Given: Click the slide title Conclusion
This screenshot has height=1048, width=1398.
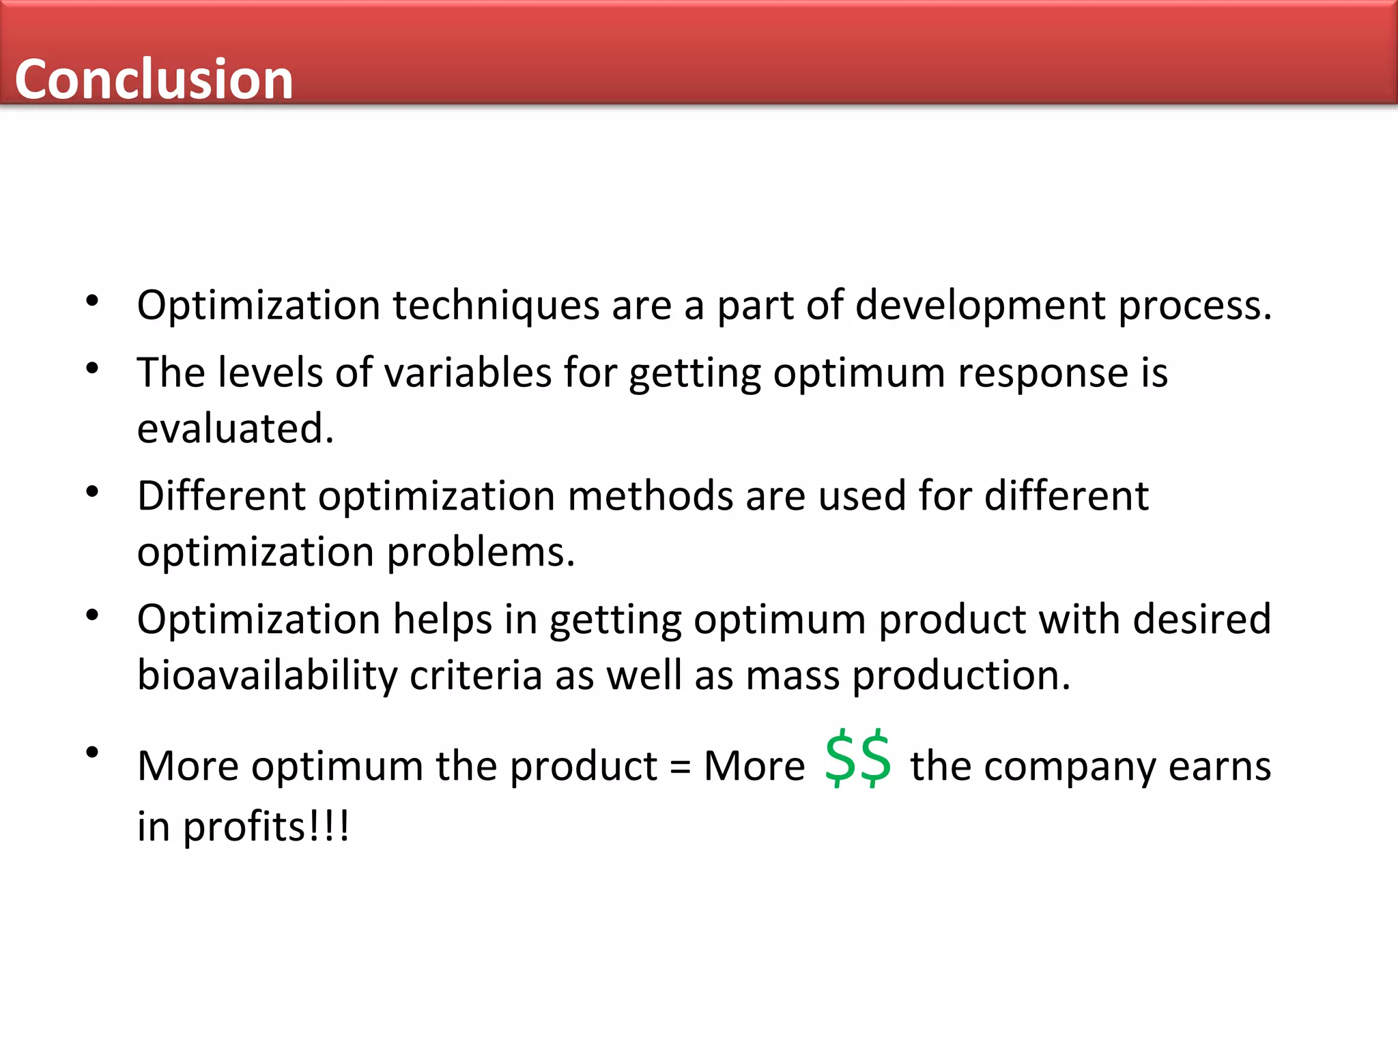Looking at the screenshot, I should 154,79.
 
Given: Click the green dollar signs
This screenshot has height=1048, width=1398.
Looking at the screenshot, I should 857,759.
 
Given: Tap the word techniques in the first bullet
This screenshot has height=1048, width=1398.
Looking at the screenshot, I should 496,305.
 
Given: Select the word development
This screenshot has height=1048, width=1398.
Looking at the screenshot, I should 980,305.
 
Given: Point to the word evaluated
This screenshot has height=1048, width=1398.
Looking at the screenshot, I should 235,428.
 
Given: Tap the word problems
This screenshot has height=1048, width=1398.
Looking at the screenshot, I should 481,552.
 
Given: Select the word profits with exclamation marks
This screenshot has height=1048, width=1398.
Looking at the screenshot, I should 266,827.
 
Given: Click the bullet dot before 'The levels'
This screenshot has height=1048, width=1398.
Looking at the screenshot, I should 93,369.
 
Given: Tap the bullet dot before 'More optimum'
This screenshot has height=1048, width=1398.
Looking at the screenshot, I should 93,753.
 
